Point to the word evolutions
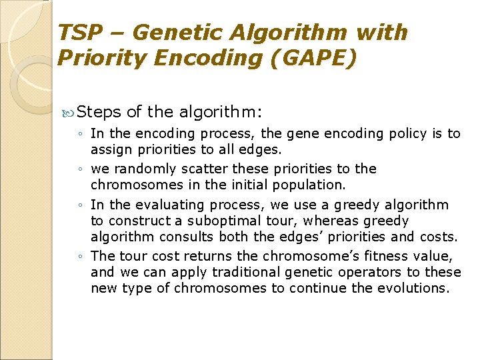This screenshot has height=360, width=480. click(415, 288)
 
